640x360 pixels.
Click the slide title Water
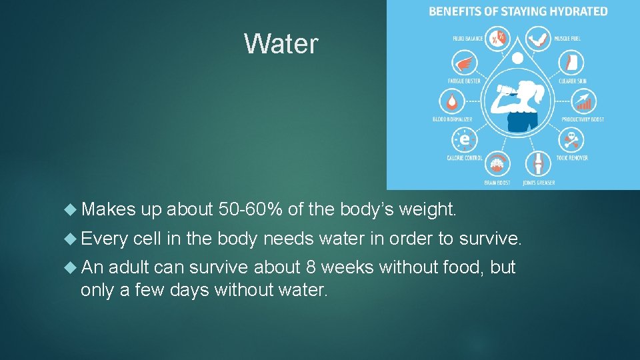281,44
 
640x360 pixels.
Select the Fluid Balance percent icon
496,38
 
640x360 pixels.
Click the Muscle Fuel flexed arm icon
539,38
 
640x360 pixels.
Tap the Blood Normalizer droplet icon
453,102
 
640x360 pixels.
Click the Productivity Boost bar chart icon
583,102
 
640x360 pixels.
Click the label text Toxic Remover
572,158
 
